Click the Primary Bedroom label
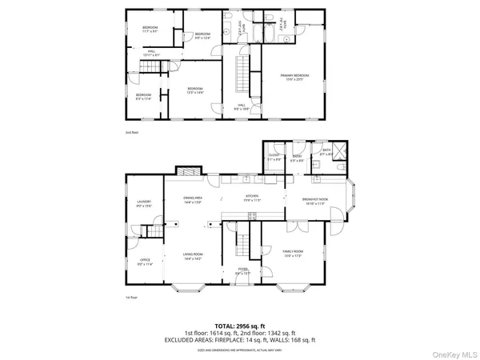pos(294,78)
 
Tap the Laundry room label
pos(144,203)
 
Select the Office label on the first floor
pos(145,261)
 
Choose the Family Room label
pos(294,255)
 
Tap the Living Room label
pos(191,257)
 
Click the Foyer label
pos(243,270)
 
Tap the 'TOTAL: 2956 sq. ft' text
pos(240,327)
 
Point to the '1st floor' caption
pos(130,298)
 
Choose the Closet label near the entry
pos(274,158)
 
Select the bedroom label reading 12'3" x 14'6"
pos(195,90)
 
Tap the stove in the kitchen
pos(255,214)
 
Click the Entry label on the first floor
pos(296,158)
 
